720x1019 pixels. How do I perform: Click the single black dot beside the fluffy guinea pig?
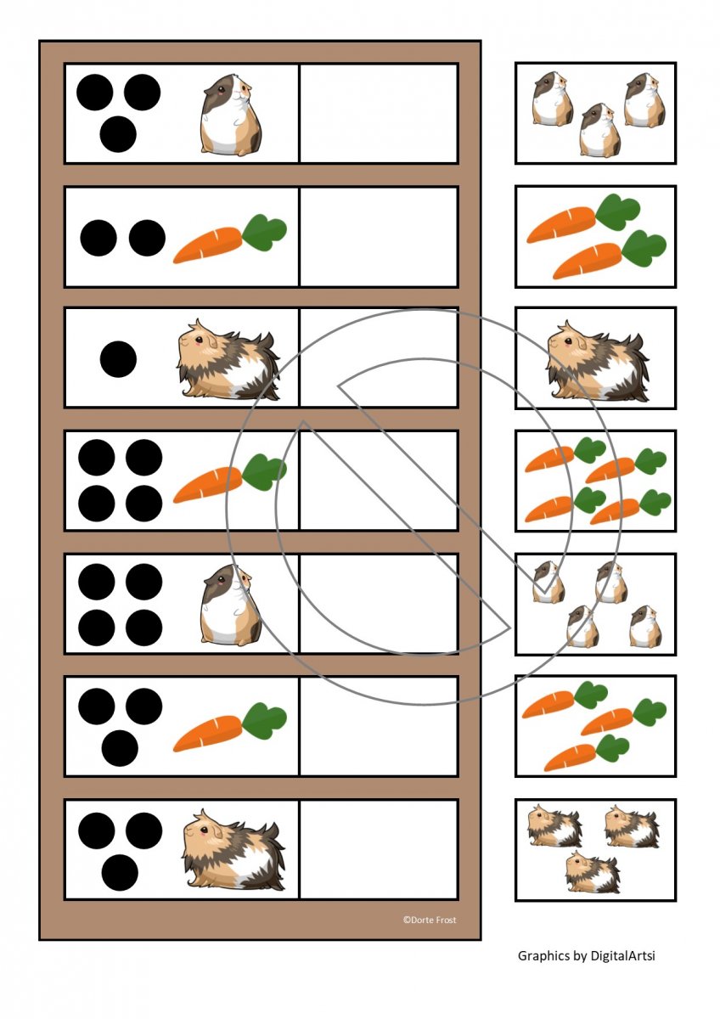(x=118, y=359)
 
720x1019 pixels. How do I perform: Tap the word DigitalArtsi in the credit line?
(x=622, y=955)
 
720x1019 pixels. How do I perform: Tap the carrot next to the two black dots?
(x=230, y=239)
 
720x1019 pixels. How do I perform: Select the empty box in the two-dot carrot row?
(x=379, y=237)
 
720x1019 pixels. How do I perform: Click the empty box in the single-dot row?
(x=379, y=358)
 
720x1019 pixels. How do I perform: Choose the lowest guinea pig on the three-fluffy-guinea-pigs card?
(x=592, y=871)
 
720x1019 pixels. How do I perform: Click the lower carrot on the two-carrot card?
(x=610, y=255)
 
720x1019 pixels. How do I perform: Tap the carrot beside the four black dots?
(x=230, y=478)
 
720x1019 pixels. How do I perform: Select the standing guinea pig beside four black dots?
(x=231, y=605)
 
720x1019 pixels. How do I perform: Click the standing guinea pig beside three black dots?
(x=231, y=115)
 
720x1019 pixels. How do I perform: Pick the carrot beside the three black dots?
(x=230, y=727)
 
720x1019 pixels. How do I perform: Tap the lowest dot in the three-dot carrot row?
(x=120, y=748)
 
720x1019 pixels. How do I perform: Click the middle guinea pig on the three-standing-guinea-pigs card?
(x=599, y=129)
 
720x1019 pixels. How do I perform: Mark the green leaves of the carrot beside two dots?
(x=264, y=232)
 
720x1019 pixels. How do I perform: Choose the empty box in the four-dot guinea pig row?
(x=379, y=604)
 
